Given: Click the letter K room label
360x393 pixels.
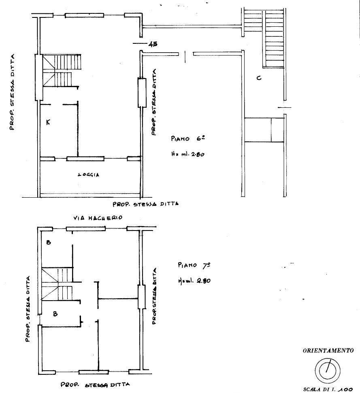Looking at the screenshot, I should pyautogui.click(x=48, y=122).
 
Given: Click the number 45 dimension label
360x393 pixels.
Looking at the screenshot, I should pyautogui.click(x=153, y=45).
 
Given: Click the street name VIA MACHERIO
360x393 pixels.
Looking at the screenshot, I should pyautogui.click(x=98, y=218).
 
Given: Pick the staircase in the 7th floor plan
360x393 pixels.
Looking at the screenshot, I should pyautogui.click(x=57, y=284).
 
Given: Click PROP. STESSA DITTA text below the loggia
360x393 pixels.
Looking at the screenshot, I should pyautogui.click(x=145, y=204).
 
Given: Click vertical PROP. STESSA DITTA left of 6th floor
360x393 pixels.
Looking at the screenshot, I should pyautogui.click(x=13, y=92).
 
